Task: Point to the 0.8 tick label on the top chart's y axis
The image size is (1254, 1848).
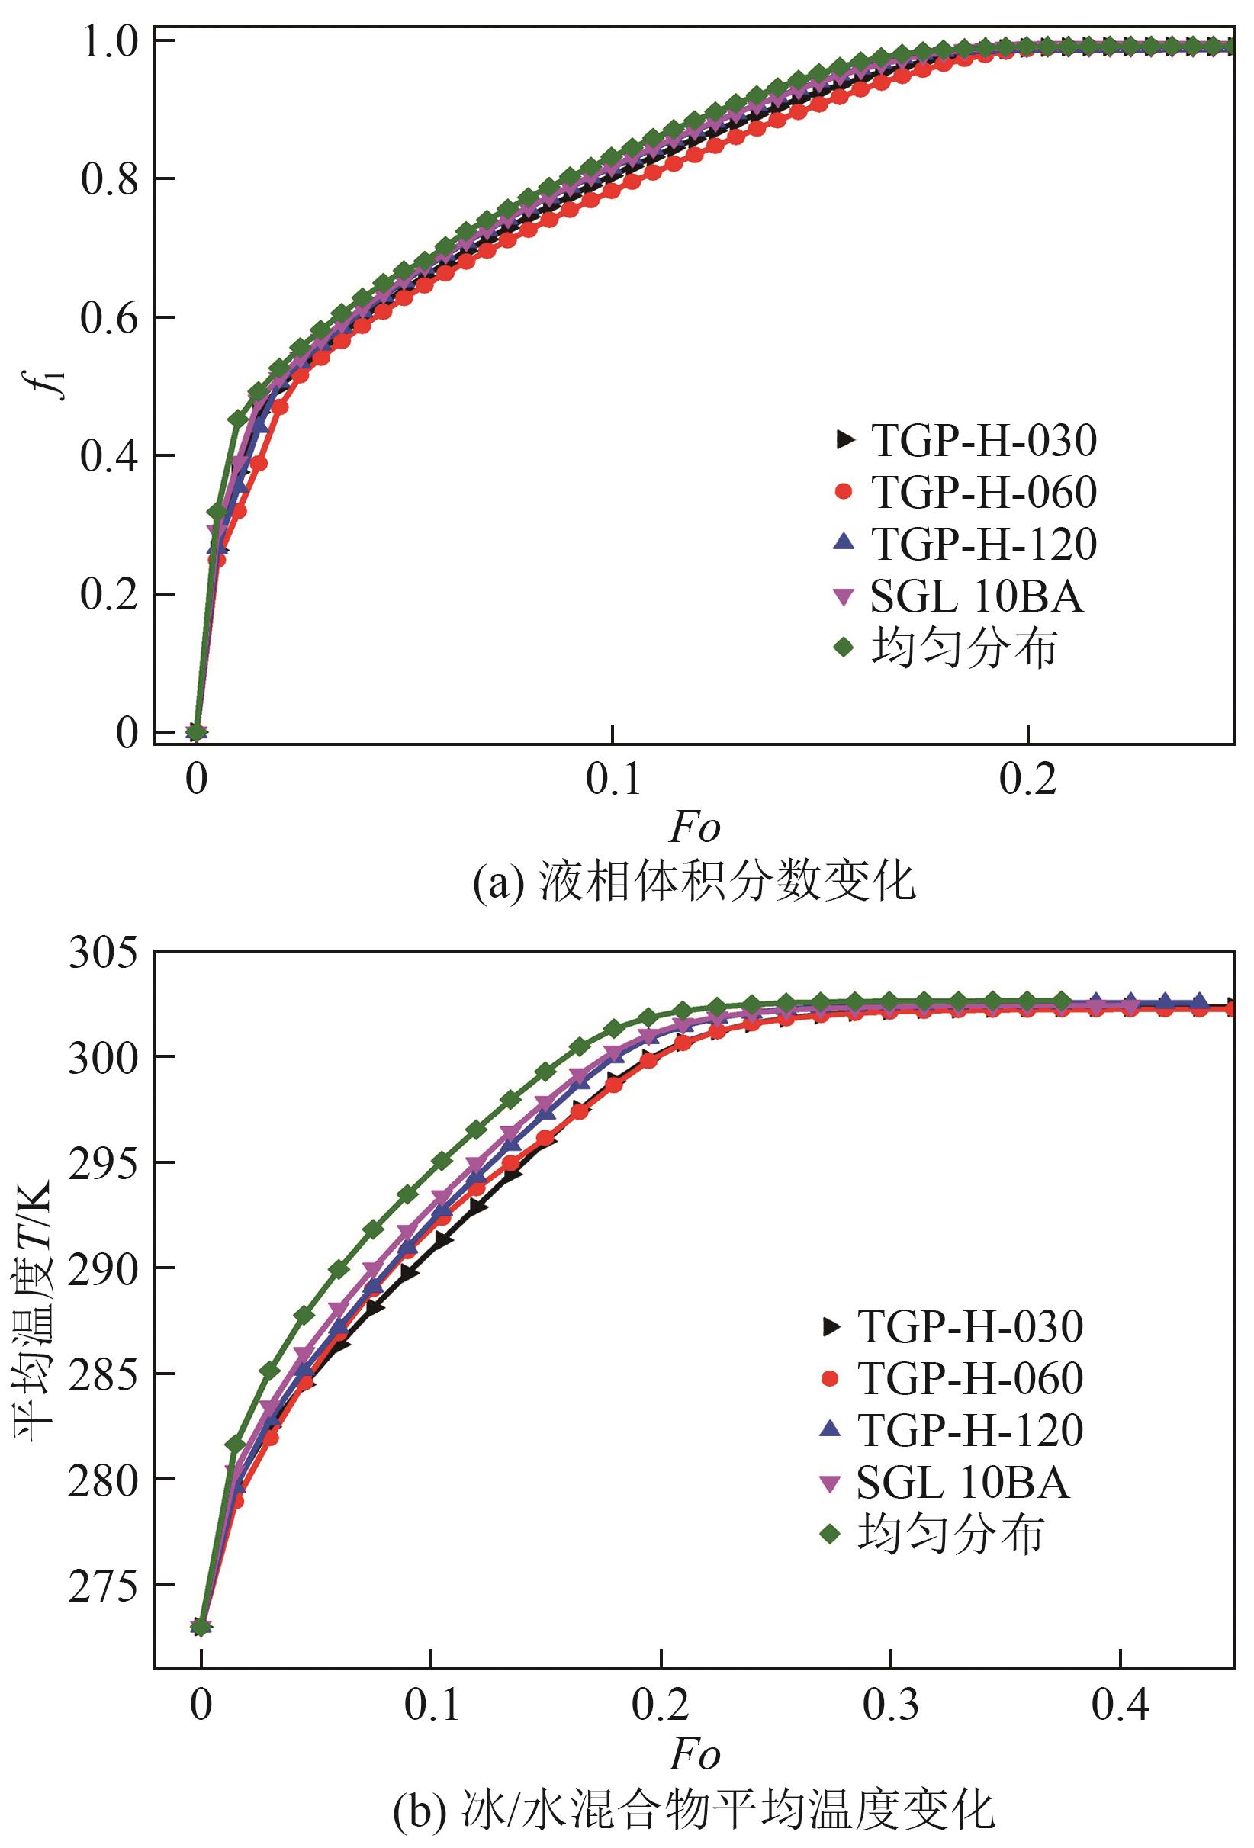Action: pos(111,180)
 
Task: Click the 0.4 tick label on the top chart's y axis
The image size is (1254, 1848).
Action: pos(111,456)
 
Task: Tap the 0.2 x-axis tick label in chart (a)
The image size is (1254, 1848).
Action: pos(1027,780)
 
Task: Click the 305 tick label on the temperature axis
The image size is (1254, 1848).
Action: pos(102,953)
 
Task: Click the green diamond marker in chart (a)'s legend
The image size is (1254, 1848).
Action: pos(843,648)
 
